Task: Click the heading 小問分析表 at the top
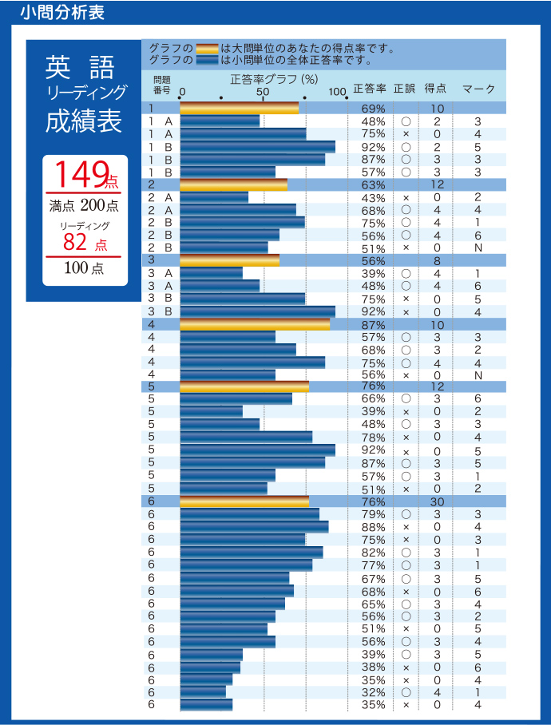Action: pos(59,13)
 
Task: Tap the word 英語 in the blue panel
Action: pos(79,66)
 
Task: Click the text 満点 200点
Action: pos(84,206)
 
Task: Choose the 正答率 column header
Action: pos(370,88)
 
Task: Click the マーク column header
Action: pos(478,88)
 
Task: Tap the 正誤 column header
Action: pos(405,88)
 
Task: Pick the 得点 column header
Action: pos(435,88)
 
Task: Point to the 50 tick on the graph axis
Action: pos(263,91)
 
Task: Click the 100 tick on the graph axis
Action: pos(337,91)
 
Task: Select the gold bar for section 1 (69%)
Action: pos(240,109)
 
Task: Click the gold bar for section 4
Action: pos(255,324)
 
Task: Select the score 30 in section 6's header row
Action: pos(437,501)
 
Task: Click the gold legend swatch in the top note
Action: pos(207,48)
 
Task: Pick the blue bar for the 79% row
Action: pos(249,514)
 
